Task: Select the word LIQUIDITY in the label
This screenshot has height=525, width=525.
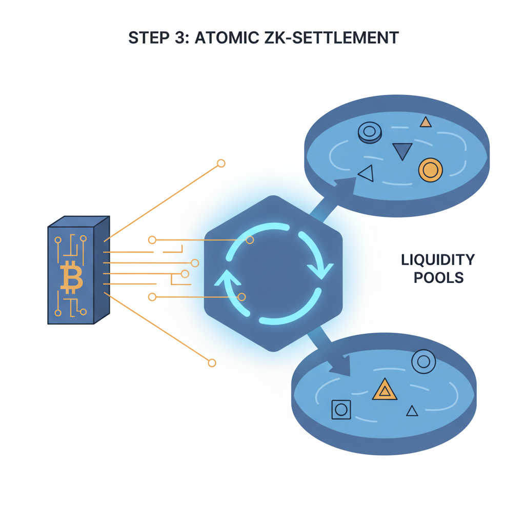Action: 437,259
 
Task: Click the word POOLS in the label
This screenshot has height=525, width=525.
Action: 438,278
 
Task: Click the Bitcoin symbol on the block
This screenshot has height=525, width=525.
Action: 71,277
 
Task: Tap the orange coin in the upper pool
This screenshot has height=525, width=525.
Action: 430,170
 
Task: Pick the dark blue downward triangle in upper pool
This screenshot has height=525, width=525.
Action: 402,151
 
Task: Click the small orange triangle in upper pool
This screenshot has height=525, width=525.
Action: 425,122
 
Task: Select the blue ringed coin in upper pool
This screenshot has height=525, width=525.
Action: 369,132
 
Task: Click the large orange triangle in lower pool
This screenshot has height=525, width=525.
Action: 384,390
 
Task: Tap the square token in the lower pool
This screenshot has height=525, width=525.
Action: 341,409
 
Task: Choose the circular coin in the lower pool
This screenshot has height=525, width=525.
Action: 423,362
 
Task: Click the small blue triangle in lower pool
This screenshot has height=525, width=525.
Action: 412,411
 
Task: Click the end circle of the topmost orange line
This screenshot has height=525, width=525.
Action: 221,164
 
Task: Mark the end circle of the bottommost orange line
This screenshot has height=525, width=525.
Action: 212,363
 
